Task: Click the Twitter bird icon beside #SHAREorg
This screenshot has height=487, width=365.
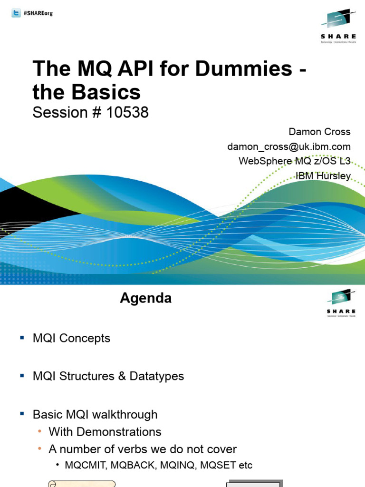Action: tap(16, 13)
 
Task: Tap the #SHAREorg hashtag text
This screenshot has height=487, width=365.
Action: tap(38, 13)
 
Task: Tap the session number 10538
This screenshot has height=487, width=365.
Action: tap(128, 113)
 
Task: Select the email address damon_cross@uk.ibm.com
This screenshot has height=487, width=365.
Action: tap(289, 146)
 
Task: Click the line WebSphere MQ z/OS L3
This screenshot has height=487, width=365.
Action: tap(295, 161)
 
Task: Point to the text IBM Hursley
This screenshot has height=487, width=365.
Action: tap(323, 176)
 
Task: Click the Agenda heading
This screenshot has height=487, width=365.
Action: tap(145, 298)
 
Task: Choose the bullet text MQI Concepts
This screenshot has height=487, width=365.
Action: tap(71, 339)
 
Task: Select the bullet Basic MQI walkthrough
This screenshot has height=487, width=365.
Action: tap(95, 414)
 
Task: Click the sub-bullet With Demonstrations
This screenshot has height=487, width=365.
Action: tap(105, 432)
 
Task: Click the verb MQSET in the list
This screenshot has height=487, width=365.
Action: tap(218, 466)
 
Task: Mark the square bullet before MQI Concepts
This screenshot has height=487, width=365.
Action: tap(21, 338)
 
